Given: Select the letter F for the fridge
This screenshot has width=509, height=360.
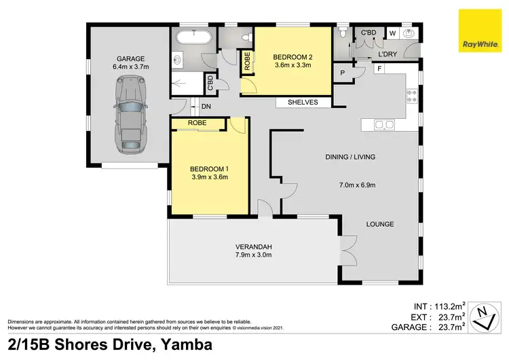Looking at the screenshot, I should [379, 69].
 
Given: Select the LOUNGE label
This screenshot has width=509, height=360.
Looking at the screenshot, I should [380, 224].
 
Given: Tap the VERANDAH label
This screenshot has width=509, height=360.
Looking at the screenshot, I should [253, 246].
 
